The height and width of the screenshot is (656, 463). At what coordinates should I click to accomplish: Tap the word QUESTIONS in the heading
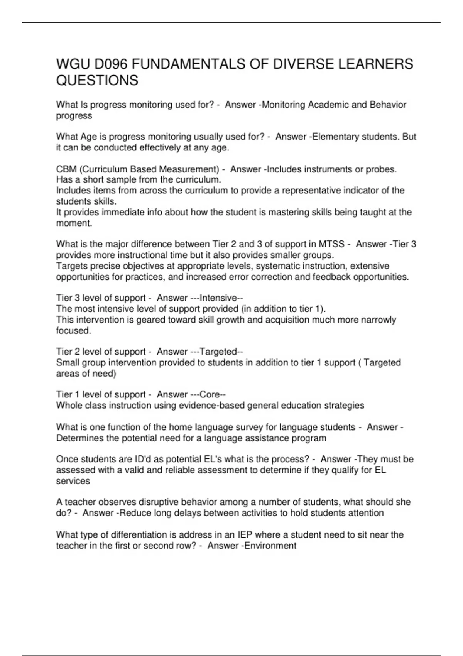point(97,81)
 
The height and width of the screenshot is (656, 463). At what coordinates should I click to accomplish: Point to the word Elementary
point(335,137)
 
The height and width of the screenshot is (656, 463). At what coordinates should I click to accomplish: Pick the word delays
point(188,513)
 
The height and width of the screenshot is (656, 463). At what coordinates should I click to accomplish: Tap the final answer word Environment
point(270,546)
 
